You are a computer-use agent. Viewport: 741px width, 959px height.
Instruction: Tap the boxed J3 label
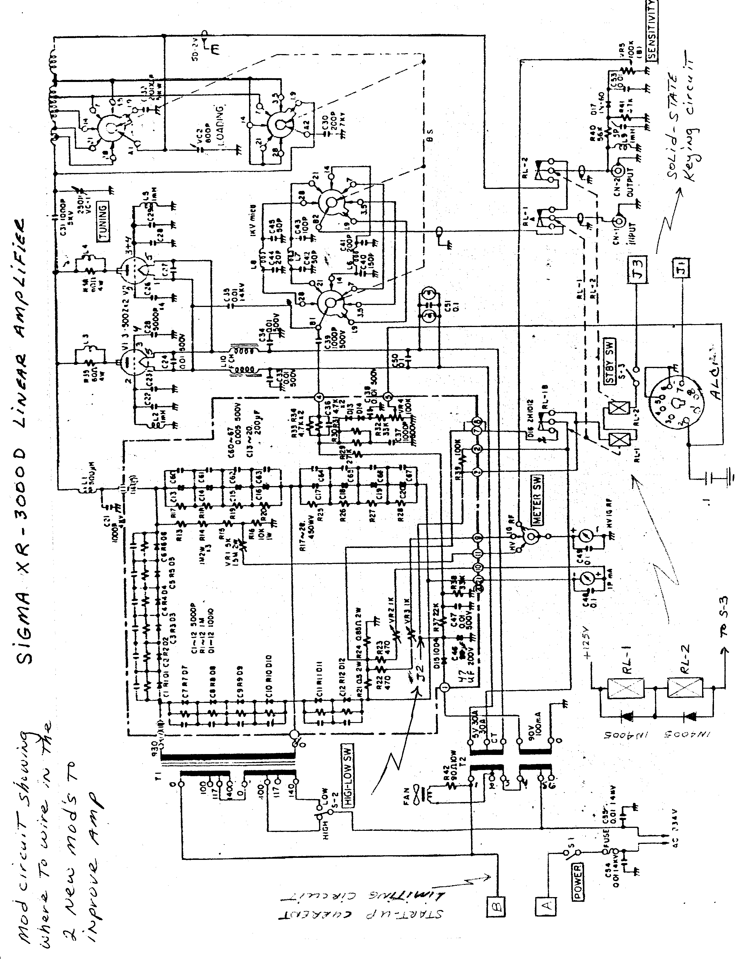pos(638,266)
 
